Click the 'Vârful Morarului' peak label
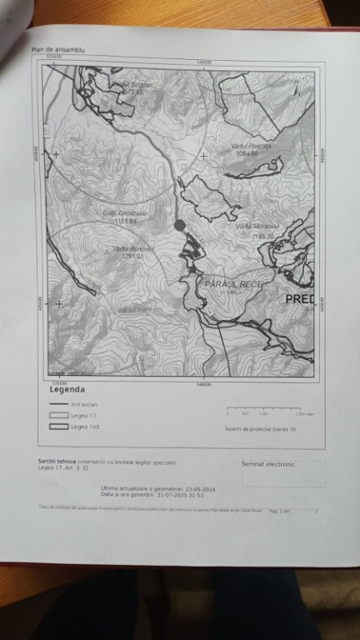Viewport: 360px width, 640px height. [256, 226]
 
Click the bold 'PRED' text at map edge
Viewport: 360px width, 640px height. [299, 297]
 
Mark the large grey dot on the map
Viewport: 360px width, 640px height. [179, 225]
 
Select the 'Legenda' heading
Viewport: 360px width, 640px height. [67, 389]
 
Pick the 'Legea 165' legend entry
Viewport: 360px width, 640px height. [82, 427]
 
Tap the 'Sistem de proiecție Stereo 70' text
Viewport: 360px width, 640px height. [260, 430]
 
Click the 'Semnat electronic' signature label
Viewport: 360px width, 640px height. [267, 464]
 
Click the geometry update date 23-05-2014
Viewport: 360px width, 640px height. [199, 488]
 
